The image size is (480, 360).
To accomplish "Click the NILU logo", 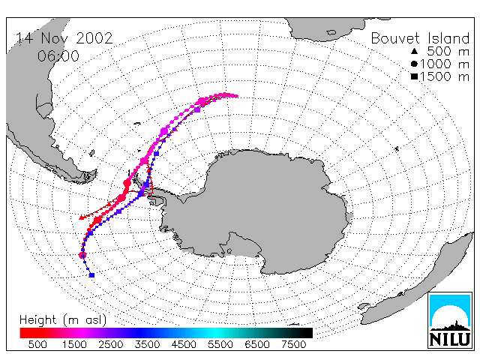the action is (450, 320).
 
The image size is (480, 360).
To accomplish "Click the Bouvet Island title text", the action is (420, 38).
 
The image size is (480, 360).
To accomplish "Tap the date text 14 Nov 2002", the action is (64, 38).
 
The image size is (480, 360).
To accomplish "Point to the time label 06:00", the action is (58, 56).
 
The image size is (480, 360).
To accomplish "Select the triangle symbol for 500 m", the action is (414, 51).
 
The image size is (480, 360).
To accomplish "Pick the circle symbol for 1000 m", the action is (414, 64).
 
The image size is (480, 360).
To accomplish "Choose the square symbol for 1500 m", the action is (414, 76).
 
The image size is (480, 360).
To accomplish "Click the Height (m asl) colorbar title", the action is (63, 320).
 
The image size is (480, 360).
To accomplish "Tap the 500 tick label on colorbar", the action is (37, 344).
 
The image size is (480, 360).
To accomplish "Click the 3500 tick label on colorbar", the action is (147, 344).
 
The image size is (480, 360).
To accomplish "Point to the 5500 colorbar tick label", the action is (220, 344).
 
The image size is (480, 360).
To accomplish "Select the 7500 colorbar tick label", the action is (293, 344).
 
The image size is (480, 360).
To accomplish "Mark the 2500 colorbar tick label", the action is (111, 344).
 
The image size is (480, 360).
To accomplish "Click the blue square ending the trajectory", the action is (91, 275).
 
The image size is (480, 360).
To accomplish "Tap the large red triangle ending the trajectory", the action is (82, 217).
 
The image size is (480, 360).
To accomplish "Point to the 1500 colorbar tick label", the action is (74, 344).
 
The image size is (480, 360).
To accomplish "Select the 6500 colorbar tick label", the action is (257, 344).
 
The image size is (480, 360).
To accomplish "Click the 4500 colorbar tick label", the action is (184, 344).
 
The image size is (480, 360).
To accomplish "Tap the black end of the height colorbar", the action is (306, 333).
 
